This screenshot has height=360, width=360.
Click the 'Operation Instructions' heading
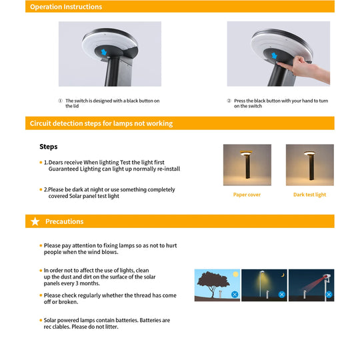tap(66, 7)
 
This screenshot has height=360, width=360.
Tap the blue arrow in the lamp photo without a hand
tap(104, 52)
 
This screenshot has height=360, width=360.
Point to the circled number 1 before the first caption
tap(61, 101)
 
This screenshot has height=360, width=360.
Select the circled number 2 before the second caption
tap(229, 101)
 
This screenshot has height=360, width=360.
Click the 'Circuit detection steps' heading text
tap(101, 123)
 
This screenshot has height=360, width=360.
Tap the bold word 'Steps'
tap(49, 147)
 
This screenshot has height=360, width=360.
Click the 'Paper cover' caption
tap(247, 195)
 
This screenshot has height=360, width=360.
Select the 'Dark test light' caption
tap(310, 195)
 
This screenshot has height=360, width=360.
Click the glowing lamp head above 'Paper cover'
tap(247, 153)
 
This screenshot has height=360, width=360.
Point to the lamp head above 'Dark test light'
tap(309, 153)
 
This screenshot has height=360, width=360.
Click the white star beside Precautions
tap(35, 221)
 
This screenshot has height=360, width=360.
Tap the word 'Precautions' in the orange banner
tap(65, 221)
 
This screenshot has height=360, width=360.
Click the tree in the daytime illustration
tap(213, 283)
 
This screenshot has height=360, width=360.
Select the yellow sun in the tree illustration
tap(235, 274)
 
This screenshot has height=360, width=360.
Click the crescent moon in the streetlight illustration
tap(283, 275)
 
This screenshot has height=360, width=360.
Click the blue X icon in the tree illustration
tap(235, 295)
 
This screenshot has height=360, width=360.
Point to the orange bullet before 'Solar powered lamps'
tap(41, 320)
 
